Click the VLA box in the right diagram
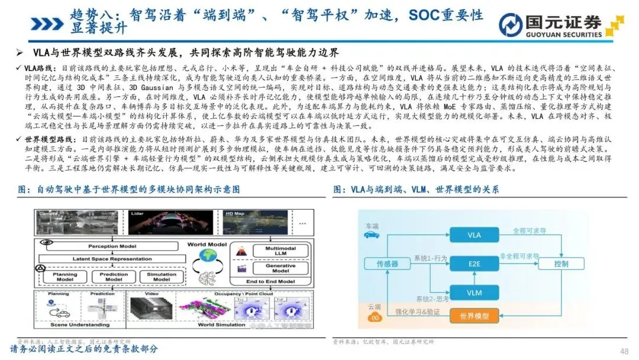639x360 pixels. (x=474, y=235)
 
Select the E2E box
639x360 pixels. (x=474, y=263)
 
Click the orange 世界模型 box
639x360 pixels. (x=474, y=316)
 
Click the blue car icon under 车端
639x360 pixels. (x=372, y=235)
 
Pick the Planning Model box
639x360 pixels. (x=65, y=277)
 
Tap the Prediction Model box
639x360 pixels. (x=113, y=277)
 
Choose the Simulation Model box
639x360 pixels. (x=162, y=277)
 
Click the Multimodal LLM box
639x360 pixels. (x=280, y=252)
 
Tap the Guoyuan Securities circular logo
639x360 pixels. (x=509, y=24)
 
